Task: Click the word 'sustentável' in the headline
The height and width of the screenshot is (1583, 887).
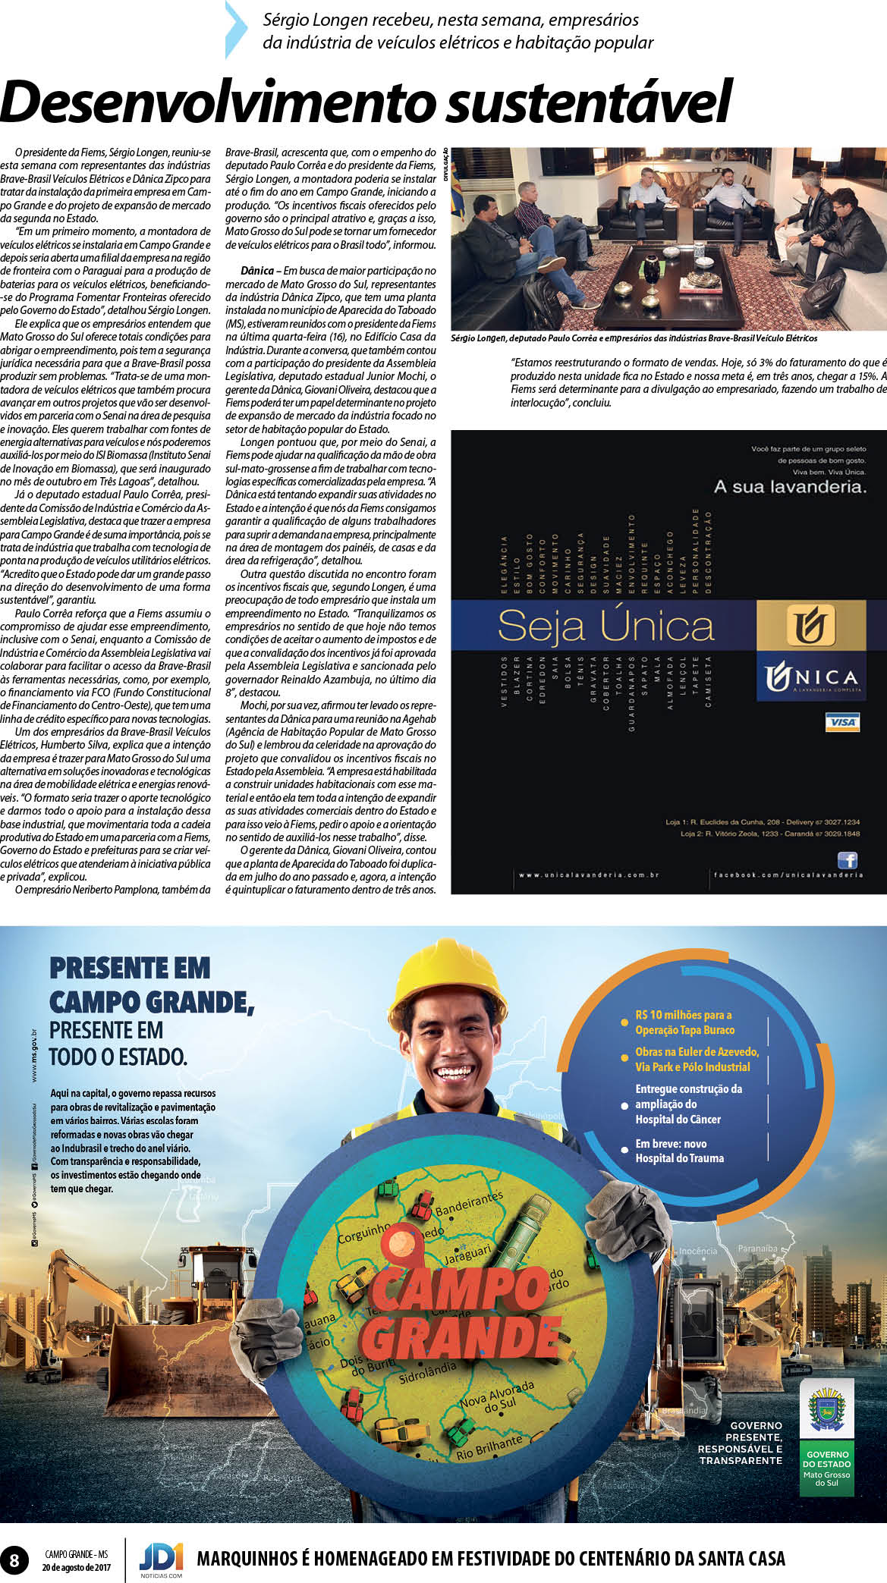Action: tap(589, 102)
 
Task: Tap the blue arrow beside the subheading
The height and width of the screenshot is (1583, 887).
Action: tap(236, 30)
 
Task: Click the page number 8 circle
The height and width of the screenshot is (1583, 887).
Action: tap(14, 1561)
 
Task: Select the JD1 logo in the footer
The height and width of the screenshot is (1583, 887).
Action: tap(161, 1559)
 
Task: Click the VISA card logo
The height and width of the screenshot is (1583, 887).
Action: tap(842, 721)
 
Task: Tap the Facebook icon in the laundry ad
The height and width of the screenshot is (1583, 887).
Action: tap(847, 859)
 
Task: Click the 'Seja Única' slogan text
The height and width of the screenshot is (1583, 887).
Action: tap(605, 627)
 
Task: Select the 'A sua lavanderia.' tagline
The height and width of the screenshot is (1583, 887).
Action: tap(789, 487)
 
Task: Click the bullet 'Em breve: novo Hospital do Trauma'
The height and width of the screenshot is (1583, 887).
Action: tap(679, 1151)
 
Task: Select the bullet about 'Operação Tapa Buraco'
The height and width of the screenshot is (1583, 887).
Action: tap(684, 1022)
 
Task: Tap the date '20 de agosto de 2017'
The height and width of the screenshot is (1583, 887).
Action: tap(76, 1567)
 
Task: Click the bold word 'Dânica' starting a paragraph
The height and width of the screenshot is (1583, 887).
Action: tap(257, 271)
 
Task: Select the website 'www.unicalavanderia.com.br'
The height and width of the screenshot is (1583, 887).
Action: tap(589, 875)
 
